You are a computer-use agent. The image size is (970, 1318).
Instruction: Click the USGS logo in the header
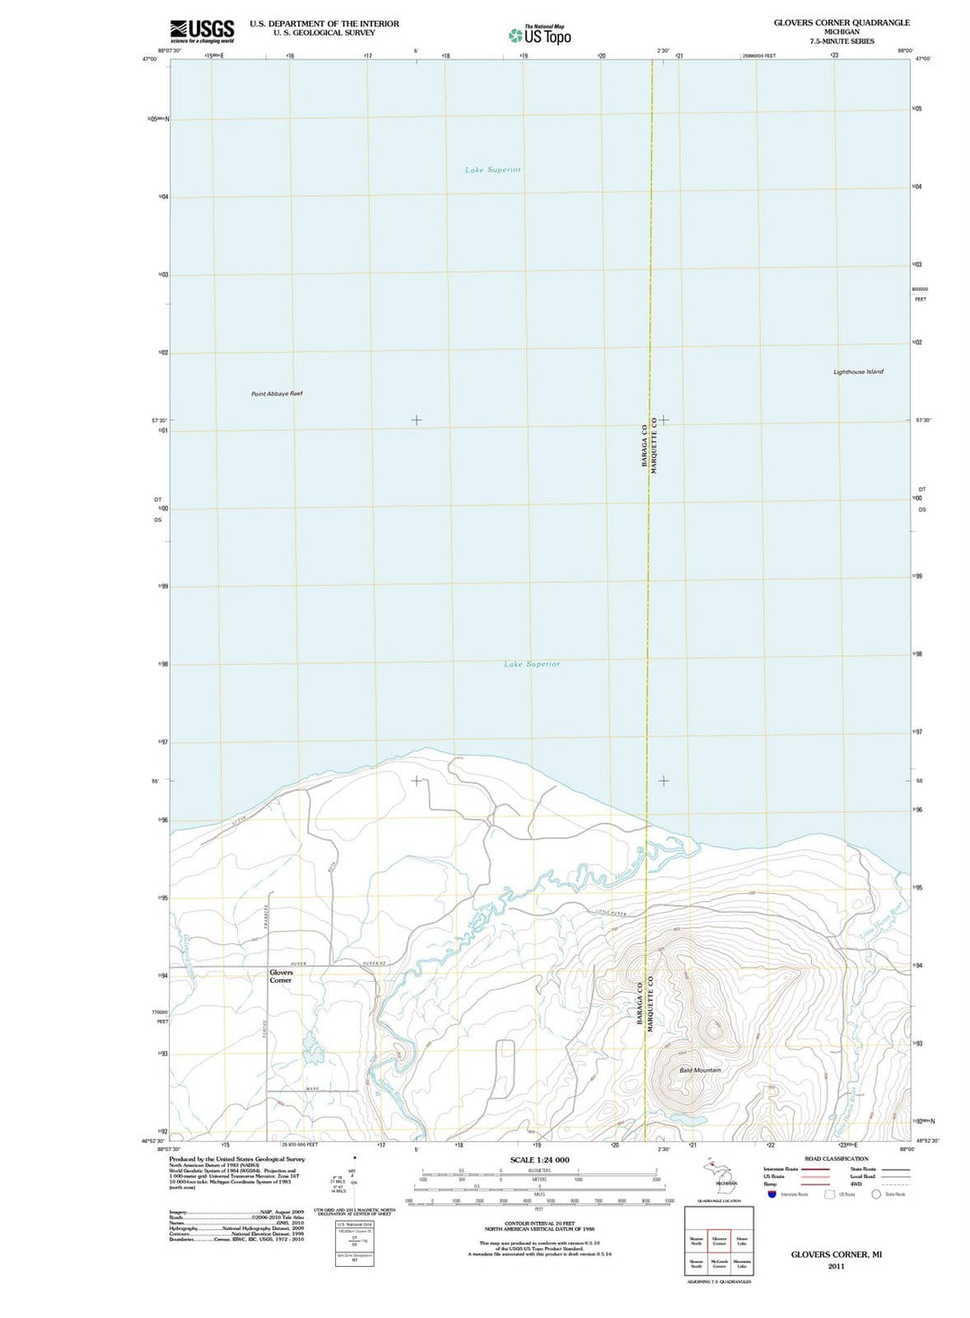[x=202, y=31]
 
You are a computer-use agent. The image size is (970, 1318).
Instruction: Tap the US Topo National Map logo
[x=540, y=35]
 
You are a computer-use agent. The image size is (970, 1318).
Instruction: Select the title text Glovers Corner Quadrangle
[x=842, y=22]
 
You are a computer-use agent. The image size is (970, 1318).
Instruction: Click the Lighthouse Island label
[x=858, y=372]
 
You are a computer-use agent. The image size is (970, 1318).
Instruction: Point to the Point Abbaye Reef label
[x=277, y=394]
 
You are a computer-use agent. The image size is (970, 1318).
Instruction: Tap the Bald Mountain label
[x=700, y=1070]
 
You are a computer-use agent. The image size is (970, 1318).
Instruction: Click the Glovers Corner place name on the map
[x=281, y=977]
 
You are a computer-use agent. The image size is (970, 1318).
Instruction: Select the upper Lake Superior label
[x=493, y=170]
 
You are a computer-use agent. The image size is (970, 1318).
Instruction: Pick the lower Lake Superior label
[x=532, y=664]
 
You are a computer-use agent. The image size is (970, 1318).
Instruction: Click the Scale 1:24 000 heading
[x=539, y=1160]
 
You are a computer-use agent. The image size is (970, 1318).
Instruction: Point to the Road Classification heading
[x=836, y=1159]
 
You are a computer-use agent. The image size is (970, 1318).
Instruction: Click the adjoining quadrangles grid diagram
[x=719, y=1242]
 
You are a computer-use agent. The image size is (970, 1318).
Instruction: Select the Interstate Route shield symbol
[x=772, y=1194]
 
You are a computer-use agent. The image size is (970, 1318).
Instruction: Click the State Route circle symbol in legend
[x=876, y=1194]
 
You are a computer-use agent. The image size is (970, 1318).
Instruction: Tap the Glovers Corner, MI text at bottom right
[x=835, y=1254]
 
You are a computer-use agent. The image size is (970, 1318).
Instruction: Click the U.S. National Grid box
[x=354, y=1244]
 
